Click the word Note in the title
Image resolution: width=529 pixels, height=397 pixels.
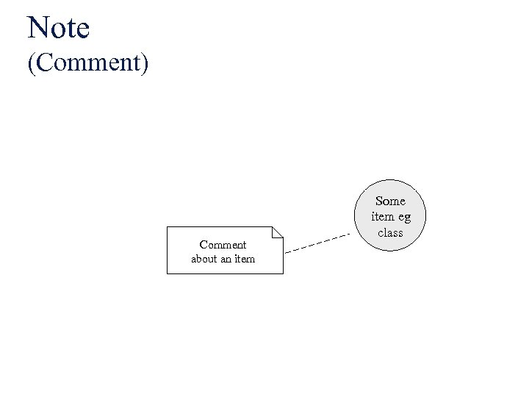click(58, 28)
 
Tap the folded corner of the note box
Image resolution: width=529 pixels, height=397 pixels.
click(277, 233)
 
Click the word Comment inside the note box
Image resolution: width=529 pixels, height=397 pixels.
click(223, 244)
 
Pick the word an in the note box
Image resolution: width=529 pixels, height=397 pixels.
click(226, 259)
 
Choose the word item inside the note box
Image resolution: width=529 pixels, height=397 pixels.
click(245, 259)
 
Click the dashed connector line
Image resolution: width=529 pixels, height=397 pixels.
click(316, 243)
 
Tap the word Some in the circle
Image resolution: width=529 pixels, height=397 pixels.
click(390, 201)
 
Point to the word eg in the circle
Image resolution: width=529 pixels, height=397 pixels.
click(405, 218)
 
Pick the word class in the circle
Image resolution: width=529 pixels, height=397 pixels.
click(390, 233)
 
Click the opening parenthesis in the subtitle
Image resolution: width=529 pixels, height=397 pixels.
click(32, 62)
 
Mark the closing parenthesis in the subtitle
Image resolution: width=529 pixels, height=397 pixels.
click(145, 62)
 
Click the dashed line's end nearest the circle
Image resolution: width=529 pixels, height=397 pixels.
click(349, 235)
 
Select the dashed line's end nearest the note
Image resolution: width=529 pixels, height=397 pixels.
click(286, 252)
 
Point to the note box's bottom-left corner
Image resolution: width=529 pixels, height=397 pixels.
click(168, 273)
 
